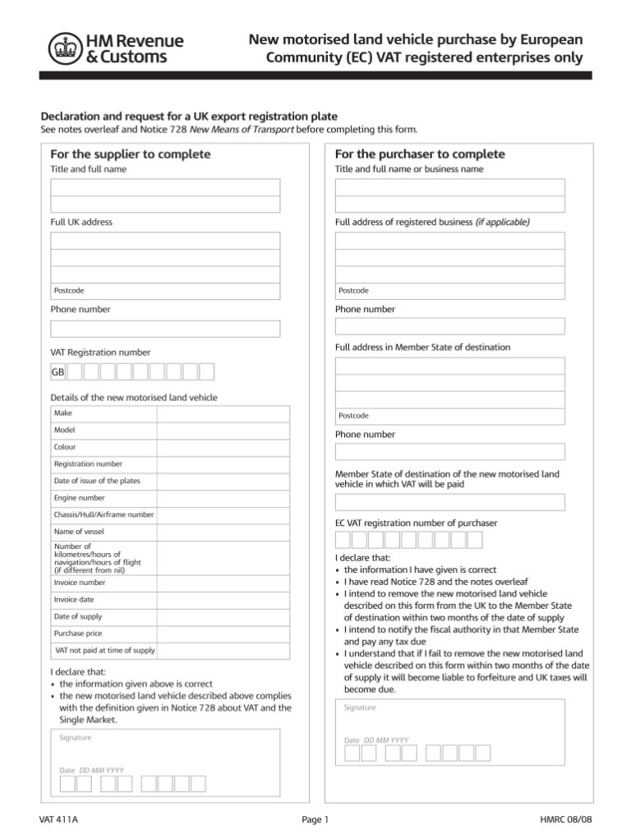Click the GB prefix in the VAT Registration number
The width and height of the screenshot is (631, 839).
[x=58, y=372]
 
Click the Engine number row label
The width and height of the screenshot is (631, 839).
[x=80, y=498]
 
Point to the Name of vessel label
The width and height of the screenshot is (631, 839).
[x=79, y=532]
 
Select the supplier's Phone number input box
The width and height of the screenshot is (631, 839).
[x=165, y=329]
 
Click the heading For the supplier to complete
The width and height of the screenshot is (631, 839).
[x=130, y=154]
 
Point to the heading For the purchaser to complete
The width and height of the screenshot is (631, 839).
[x=420, y=154]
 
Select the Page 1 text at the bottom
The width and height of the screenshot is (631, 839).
[x=315, y=819]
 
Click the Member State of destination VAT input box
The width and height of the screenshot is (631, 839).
[x=449, y=502]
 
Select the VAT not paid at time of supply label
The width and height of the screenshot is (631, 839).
[x=105, y=650]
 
